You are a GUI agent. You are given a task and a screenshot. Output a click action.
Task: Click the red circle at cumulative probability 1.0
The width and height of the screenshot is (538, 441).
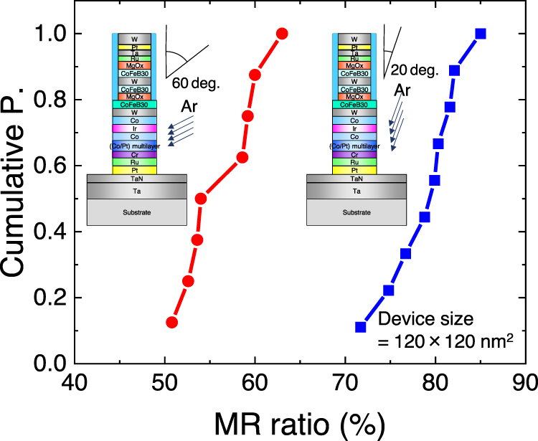click(282, 34)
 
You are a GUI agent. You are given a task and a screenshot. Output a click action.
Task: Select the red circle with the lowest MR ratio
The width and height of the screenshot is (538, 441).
click(171, 322)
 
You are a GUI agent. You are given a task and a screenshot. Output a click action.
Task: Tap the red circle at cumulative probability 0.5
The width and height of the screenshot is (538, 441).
click(201, 199)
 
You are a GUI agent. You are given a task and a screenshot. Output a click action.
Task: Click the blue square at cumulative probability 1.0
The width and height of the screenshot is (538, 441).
click(481, 34)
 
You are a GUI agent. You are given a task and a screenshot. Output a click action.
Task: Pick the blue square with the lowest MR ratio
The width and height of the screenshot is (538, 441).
click(361, 327)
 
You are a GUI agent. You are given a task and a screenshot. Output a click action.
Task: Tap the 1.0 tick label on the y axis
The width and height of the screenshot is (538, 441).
click(52, 34)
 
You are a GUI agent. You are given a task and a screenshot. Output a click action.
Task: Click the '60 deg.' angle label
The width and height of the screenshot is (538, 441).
click(196, 83)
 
